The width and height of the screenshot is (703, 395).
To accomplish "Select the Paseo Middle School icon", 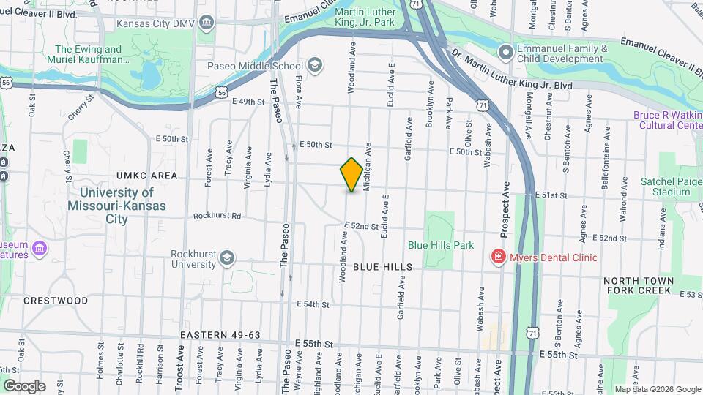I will [315, 66].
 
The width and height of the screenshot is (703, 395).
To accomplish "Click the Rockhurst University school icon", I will [227, 258].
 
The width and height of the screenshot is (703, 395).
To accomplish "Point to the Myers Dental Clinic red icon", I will [498, 257].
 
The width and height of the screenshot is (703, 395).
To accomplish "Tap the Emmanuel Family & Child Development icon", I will [505, 52].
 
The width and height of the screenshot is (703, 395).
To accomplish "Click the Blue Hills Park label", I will [441, 246].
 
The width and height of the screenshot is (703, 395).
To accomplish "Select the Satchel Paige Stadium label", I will [661, 186].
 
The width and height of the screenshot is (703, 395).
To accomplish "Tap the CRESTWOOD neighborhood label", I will [56, 301].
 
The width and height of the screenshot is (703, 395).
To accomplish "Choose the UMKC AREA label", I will [146, 176].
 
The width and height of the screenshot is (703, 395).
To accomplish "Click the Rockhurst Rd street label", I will [217, 217].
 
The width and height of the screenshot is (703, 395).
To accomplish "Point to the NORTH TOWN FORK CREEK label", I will [637, 285].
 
